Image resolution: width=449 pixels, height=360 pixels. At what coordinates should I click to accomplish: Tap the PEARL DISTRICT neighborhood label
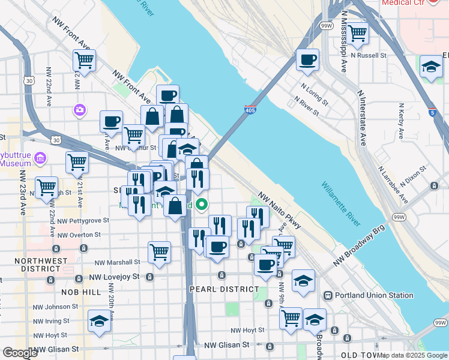(x=224, y=289)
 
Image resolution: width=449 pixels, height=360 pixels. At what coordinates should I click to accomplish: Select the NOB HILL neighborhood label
(x=81, y=292)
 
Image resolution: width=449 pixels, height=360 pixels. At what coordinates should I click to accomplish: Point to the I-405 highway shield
(x=251, y=110)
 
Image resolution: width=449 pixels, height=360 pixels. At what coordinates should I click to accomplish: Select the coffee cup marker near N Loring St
(x=308, y=60)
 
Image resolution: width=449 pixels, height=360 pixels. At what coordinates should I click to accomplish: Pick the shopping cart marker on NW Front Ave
(x=84, y=60)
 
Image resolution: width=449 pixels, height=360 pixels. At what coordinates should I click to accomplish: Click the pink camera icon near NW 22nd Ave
(x=79, y=110)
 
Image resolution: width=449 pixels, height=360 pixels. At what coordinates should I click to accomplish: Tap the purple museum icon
(x=40, y=158)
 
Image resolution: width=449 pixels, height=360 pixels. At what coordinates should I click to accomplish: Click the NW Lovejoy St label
(x=114, y=277)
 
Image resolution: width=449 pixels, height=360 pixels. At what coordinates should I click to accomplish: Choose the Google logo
(x=20, y=353)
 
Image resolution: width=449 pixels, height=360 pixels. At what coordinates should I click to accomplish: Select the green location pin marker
(x=202, y=205)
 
